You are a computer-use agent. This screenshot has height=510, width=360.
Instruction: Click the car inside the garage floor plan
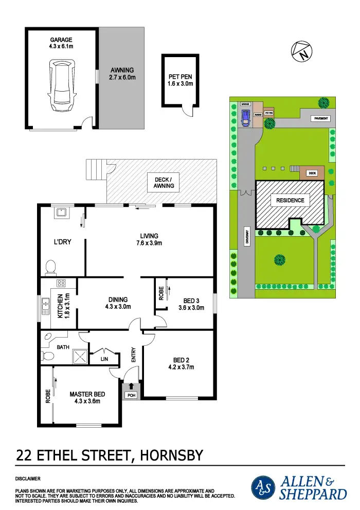[x=61, y=86]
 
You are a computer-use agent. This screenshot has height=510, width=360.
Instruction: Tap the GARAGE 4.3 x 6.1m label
[x=61, y=43]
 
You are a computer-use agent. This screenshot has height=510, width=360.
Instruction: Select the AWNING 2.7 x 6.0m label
[x=122, y=74]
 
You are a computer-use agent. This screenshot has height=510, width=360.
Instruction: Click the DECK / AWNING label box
[x=163, y=183]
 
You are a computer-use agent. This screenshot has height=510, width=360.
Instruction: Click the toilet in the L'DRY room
[x=50, y=267]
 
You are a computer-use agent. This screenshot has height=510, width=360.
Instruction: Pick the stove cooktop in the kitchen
[x=60, y=283]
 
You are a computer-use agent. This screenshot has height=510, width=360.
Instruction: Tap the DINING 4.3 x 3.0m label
[x=118, y=303]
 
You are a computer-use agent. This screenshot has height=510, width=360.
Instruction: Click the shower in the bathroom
[x=80, y=355]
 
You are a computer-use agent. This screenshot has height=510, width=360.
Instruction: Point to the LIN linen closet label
[x=104, y=359]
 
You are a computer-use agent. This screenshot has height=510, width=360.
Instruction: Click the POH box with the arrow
[x=131, y=391]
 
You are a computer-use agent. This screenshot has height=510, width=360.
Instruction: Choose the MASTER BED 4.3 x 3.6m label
[x=87, y=398]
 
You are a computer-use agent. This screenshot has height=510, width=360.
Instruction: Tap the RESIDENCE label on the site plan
[x=290, y=200]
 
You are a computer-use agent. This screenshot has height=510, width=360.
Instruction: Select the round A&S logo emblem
[x=263, y=488]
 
